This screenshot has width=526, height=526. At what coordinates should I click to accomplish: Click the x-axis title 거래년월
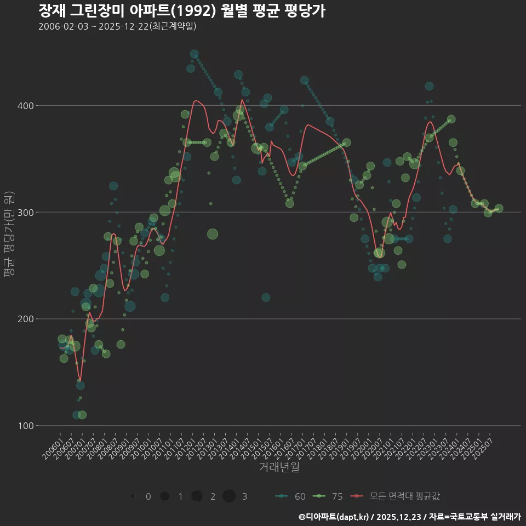point(279,467)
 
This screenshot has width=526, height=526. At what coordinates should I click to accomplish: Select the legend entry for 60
point(290,496)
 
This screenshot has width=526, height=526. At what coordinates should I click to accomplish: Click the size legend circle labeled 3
point(229,496)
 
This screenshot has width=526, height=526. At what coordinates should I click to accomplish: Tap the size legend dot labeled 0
point(133,496)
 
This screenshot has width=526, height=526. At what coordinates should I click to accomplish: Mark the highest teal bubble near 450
point(194,54)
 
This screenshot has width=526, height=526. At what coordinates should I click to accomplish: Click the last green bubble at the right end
point(499,209)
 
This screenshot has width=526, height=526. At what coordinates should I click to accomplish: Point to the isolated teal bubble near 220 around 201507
point(266,298)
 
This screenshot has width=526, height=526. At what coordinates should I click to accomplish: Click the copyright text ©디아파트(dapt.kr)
point(334,517)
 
